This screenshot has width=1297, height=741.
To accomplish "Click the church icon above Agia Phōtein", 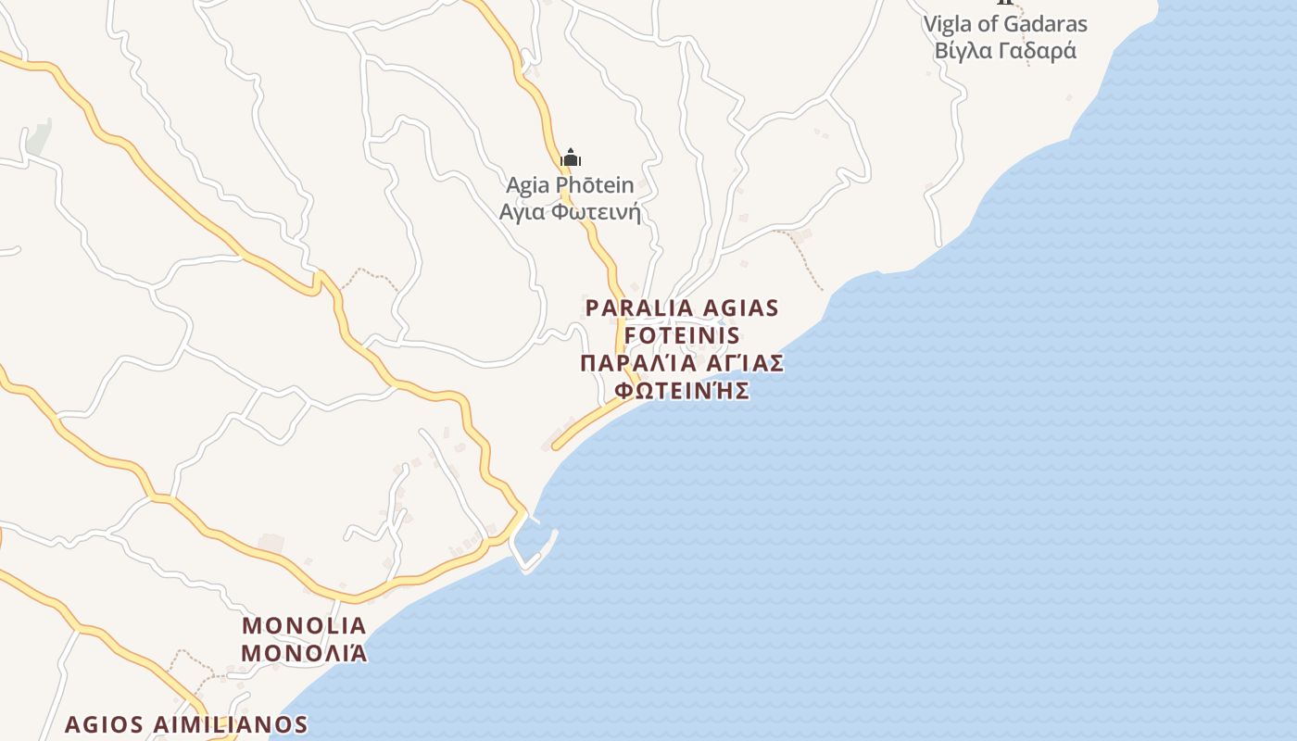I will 571,157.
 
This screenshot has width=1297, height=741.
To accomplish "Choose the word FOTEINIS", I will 683,334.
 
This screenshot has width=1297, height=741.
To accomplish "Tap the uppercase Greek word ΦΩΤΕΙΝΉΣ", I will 682,390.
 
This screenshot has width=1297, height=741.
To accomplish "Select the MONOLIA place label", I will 304,625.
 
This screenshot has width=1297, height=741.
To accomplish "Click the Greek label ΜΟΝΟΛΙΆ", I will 304,653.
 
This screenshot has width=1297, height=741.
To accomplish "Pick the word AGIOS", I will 104,724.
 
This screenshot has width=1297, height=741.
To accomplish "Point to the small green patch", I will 38,138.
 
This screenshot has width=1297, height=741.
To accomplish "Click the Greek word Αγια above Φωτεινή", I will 525,212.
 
